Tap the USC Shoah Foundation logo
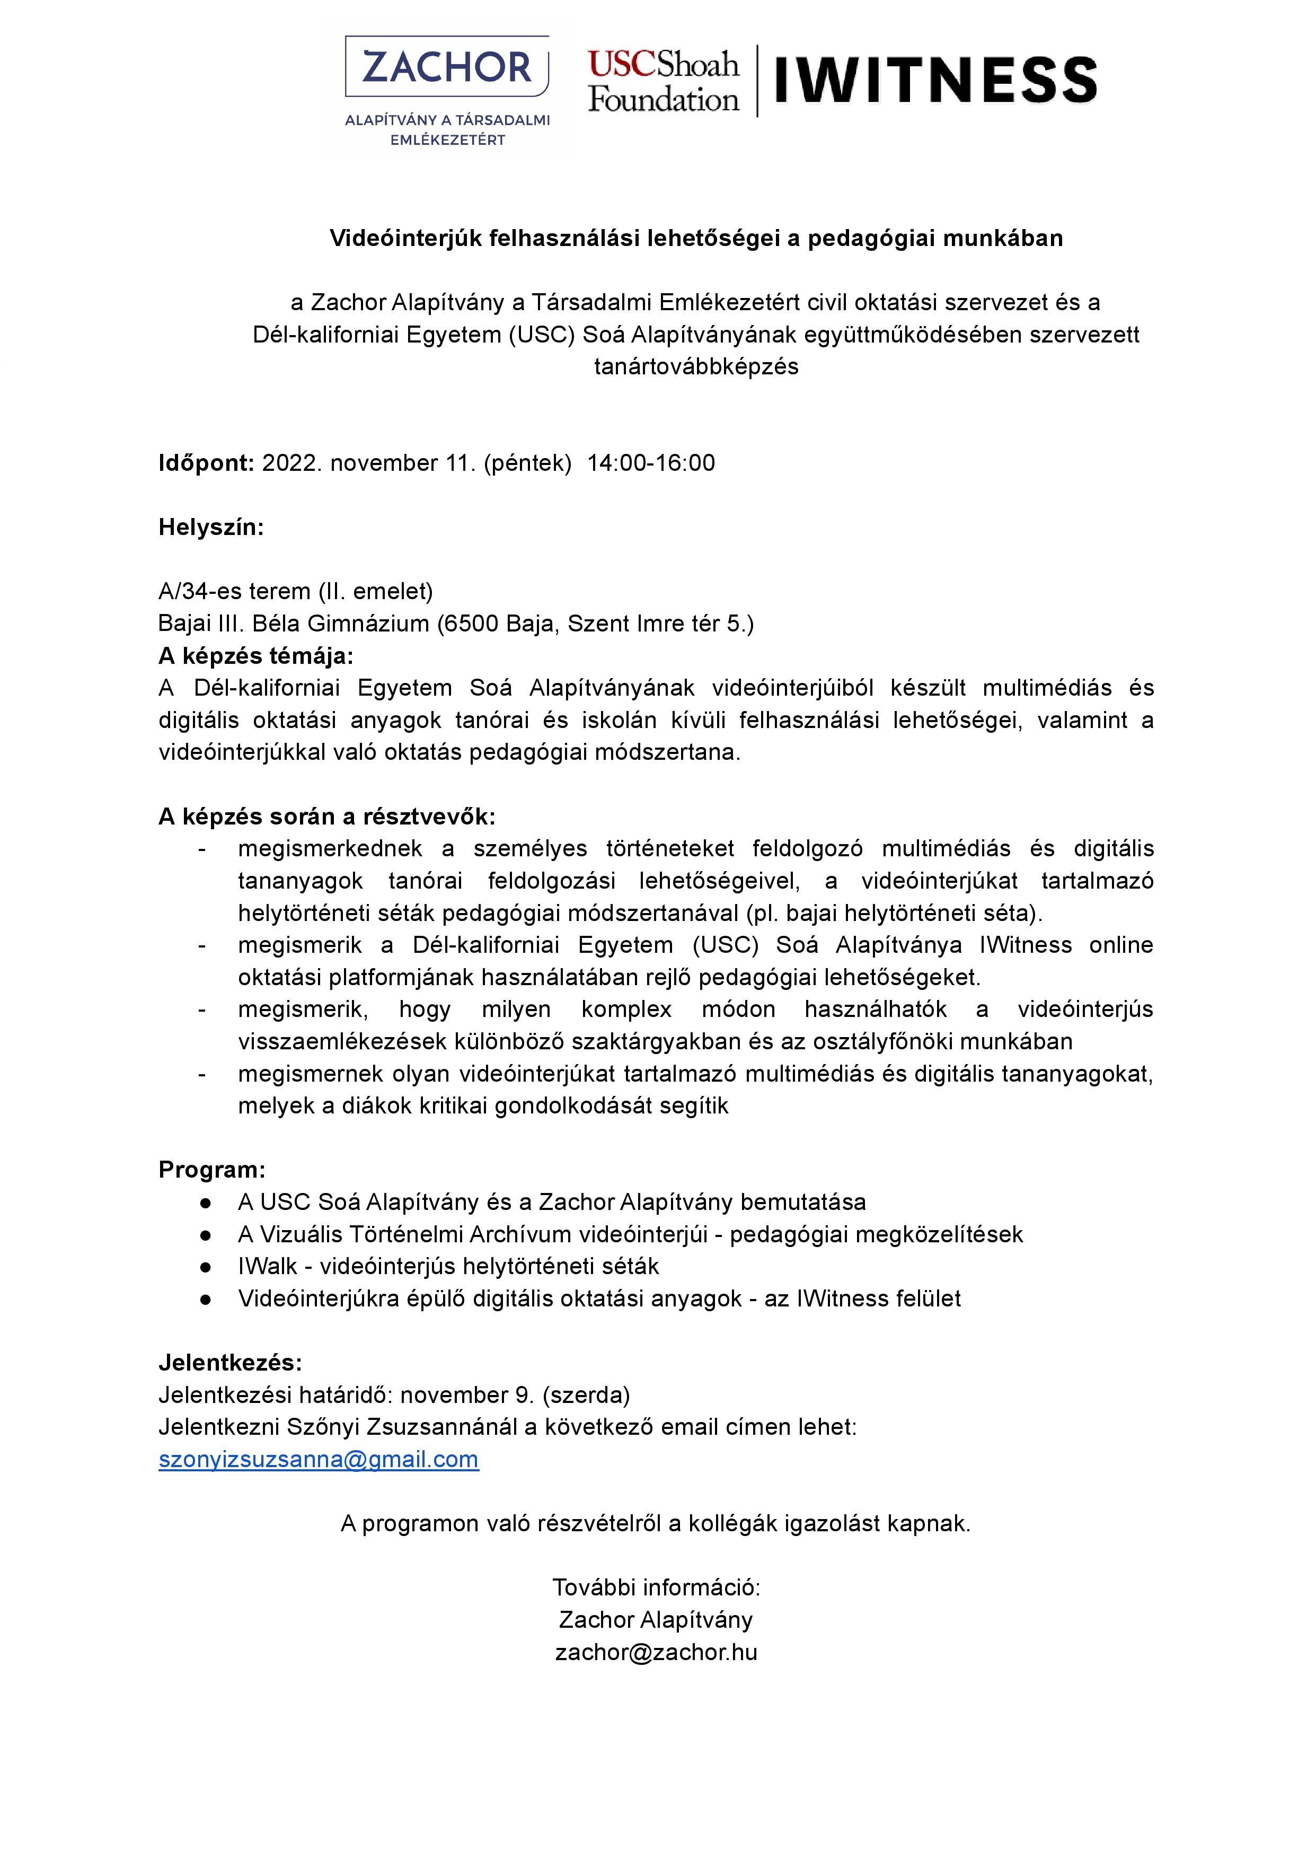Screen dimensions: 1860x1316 pyautogui.click(x=664, y=81)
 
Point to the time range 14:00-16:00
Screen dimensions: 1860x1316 pyautogui.click(x=651, y=463)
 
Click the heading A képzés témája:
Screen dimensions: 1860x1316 pyautogui.click(x=256, y=656)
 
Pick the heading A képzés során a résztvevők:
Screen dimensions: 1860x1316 pyautogui.click(x=326, y=816)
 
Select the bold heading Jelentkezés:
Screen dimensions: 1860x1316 pyautogui.click(x=230, y=1362)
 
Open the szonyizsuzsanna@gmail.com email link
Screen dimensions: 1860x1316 pyautogui.click(x=319, y=1459)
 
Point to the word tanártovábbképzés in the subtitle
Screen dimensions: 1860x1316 pyautogui.click(x=696, y=366)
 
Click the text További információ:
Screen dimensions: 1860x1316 pyautogui.click(x=656, y=1587)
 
